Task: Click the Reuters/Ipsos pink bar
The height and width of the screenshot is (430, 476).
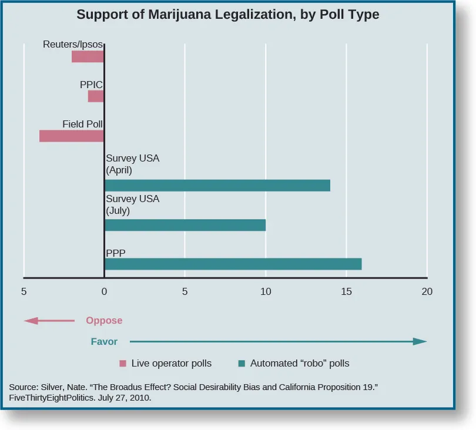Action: click(88, 57)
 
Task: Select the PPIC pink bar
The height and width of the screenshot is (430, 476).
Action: click(96, 96)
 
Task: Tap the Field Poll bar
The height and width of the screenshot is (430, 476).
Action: click(72, 136)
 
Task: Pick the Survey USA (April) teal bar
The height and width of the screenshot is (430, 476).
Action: click(217, 186)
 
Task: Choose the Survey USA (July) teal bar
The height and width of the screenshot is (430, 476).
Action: click(185, 225)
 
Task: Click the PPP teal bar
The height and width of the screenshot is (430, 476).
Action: click(233, 264)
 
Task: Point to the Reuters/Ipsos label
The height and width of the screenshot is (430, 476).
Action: click(73, 45)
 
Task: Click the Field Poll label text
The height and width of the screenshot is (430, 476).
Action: click(83, 124)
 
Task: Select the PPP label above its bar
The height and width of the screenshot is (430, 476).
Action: click(116, 253)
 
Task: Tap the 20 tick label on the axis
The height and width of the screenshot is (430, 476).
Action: click(427, 291)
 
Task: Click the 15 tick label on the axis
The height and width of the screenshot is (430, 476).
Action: click(346, 291)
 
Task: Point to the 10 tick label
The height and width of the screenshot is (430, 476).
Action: click(266, 291)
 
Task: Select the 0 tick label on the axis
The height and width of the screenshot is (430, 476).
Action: click(104, 291)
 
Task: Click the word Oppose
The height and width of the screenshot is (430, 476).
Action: click(104, 321)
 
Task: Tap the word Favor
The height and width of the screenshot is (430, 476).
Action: click(104, 341)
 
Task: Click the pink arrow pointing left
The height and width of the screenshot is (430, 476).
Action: click(49, 321)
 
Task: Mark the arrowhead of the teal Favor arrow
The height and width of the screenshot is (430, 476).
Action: click(420, 341)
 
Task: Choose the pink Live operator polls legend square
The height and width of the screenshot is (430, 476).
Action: click(123, 364)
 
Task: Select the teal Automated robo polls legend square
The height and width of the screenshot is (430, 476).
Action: click(242, 364)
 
